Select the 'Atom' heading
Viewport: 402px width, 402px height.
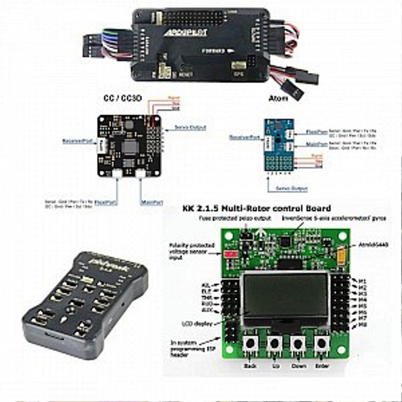[x=278, y=98]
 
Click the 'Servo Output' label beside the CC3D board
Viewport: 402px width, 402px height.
[x=189, y=127]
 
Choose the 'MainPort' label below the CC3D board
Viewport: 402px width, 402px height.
[x=149, y=202]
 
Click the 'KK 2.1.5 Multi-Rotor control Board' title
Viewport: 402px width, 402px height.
[x=256, y=208]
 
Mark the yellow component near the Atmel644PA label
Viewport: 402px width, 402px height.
[x=342, y=255]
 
